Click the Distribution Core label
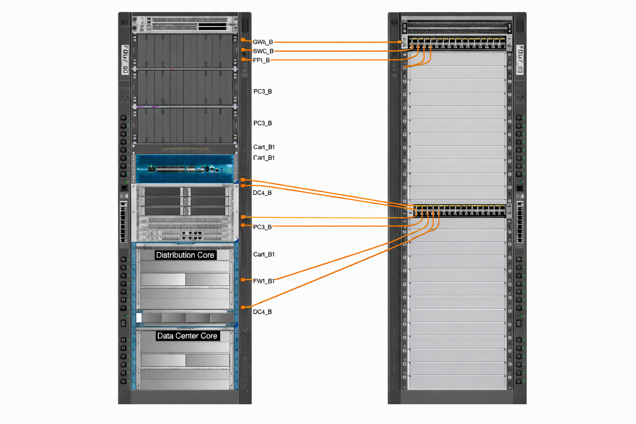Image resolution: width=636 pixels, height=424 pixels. coord(185,255)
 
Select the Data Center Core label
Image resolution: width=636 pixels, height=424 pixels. coord(187,336)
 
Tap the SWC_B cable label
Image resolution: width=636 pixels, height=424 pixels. coord(263,51)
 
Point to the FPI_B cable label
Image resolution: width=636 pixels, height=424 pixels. coord(261,60)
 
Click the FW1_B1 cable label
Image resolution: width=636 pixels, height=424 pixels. coord(264,281)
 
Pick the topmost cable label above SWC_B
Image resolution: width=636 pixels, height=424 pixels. coord(263,42)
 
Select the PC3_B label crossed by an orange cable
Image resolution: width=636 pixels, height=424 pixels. coord(263,227)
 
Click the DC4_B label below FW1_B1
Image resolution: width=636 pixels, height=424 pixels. coord(263,312)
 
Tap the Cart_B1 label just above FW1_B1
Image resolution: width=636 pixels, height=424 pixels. coord(264,254)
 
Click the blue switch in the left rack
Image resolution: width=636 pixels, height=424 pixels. coord(185,168)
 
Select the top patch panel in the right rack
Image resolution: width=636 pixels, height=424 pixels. coord(457,43)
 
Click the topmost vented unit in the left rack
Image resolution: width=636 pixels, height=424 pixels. coord(185,24)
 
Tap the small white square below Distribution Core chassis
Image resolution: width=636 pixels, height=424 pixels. coord(139,318)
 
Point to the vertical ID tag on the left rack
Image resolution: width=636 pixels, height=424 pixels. coord(125,60)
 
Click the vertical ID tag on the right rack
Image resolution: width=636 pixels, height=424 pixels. coord(520,60)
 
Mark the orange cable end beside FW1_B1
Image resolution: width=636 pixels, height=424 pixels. coord(243,280)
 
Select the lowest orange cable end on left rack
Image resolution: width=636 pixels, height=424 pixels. coord(243,307)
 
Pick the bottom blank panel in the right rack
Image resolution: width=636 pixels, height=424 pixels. coord(457,382)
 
